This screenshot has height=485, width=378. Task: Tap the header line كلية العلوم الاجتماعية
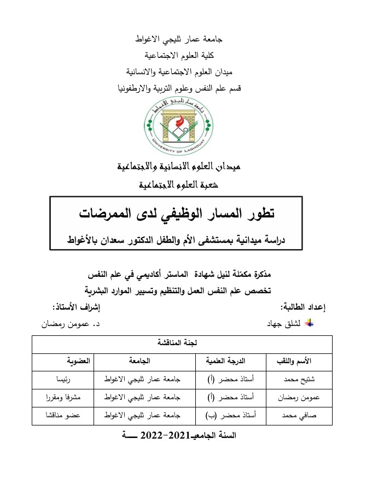point(178,55)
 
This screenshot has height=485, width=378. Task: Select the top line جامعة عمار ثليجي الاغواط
point(178,39)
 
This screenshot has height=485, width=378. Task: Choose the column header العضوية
point(71,361)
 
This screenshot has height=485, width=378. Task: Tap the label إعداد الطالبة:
point(303,307)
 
